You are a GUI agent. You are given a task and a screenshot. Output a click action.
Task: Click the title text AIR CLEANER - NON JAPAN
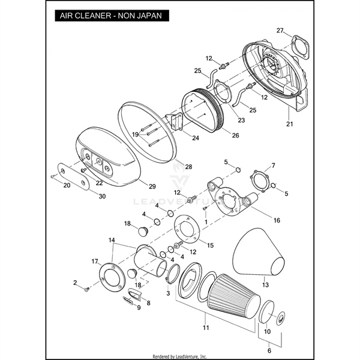[110, 16]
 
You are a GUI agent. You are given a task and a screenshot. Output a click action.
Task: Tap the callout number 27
[280, 31]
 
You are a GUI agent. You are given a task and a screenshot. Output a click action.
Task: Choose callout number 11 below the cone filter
[206, 329]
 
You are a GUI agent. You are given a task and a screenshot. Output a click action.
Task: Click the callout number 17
[95, 261]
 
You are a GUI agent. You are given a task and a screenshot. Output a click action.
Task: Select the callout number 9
[138, 308]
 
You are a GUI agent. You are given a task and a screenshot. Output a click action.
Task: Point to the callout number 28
[188, 166]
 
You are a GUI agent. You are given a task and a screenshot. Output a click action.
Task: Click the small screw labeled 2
[87, 289]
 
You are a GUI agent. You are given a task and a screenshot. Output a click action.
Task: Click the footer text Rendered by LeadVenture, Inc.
[180, 356]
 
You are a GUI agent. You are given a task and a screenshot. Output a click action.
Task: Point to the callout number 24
[179, 137]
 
